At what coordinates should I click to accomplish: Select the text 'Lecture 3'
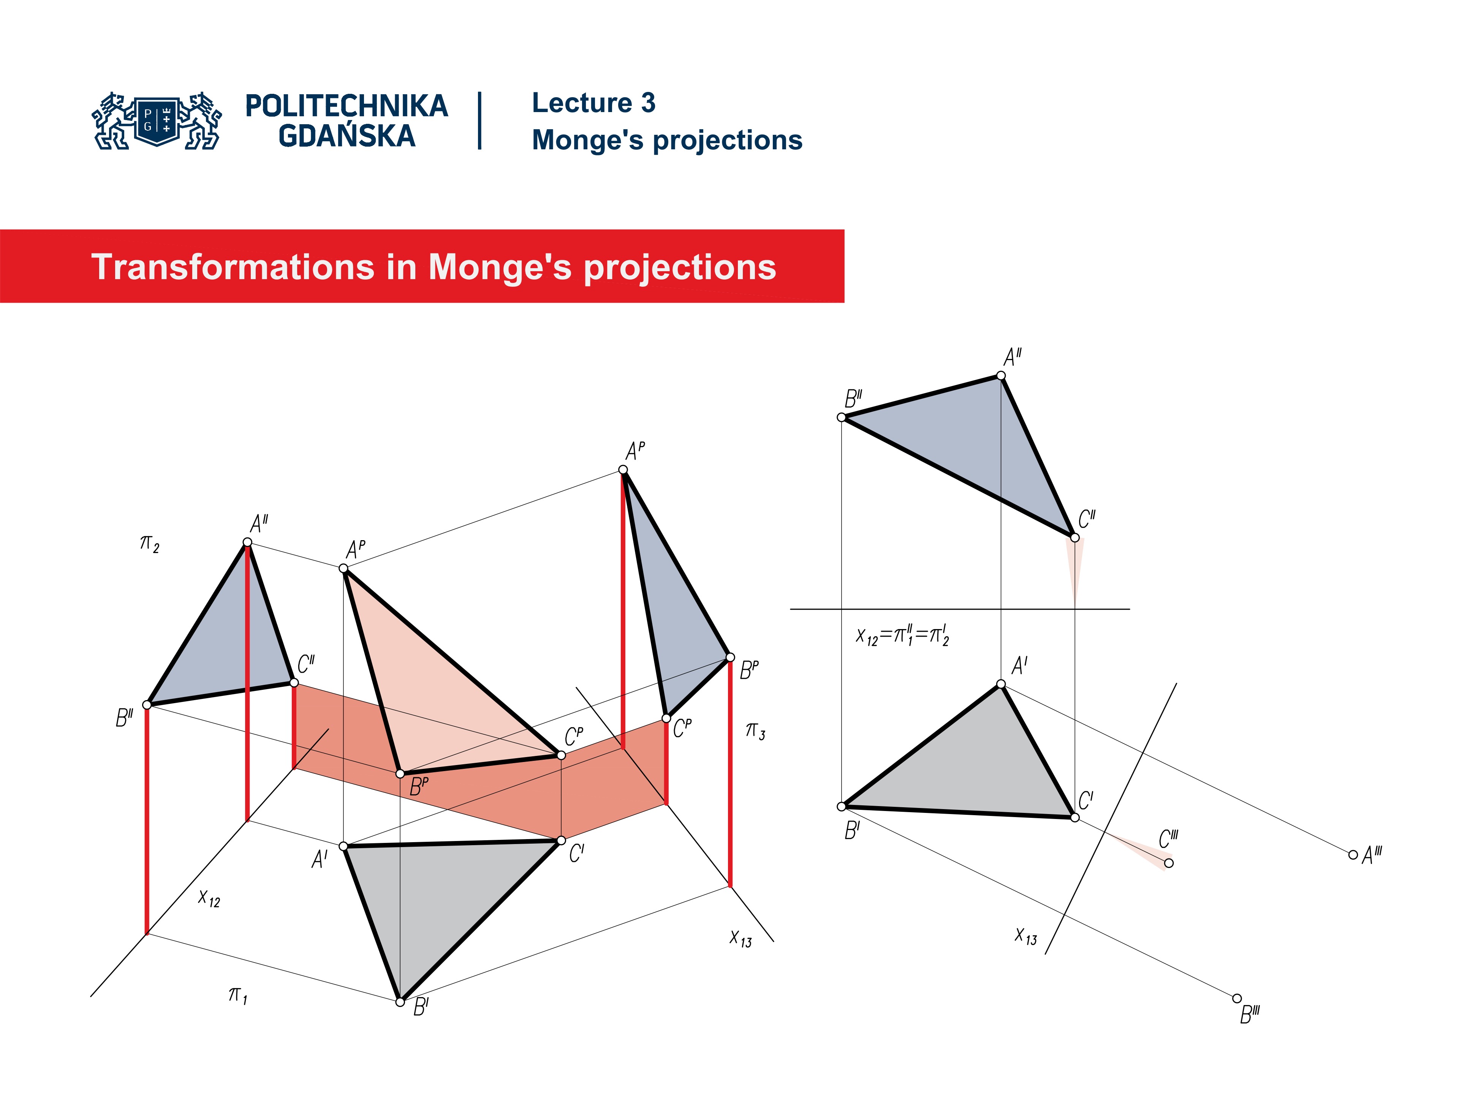[x=593, y=104]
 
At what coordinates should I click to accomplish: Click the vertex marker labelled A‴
[x=1353, y=855]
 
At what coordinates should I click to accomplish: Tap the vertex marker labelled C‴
[x=1169, y=863]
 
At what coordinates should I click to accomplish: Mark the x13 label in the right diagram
[x=1025, y=936]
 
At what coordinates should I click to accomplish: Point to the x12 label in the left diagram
[x=209, y=898]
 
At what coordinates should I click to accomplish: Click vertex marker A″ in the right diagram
[x=1000, y=376]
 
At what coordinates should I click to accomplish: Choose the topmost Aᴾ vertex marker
[x=623, y=470]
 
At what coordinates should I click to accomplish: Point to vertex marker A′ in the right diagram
[x=1000, y=684]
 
